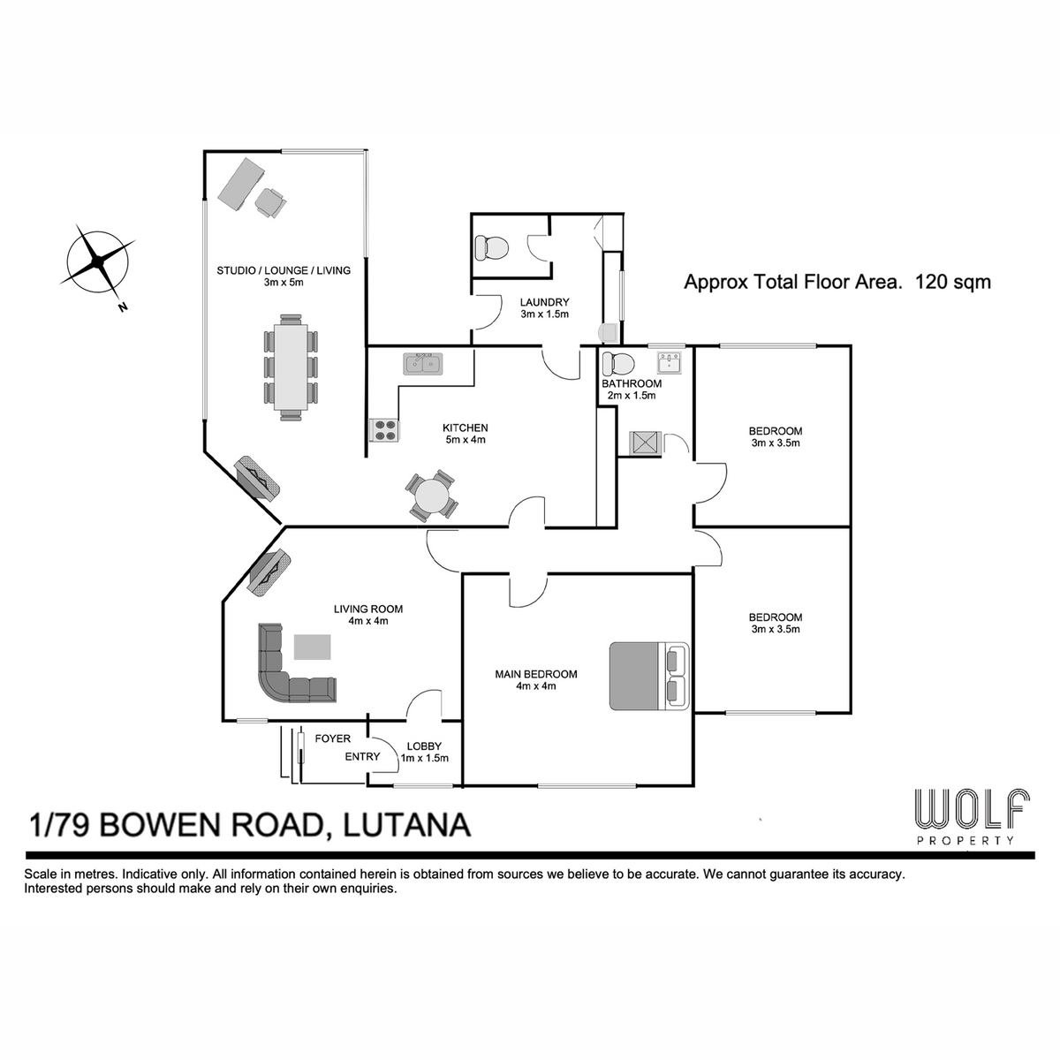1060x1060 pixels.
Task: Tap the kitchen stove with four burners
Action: [x=386, y=430]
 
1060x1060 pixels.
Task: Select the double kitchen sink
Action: [x=423, y=364]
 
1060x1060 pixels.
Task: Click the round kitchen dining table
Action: [x=432, y=495]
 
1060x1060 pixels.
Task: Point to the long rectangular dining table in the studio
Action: [x=291, y=367]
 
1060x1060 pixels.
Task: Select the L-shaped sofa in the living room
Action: [x=291, y=669]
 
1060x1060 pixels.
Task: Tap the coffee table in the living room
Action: [x=313, y=647]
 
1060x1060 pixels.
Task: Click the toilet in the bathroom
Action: [x=617, y=364]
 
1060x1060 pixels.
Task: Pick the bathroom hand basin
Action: [x=670, y=363]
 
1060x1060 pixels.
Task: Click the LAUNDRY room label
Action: [x=544, y=302]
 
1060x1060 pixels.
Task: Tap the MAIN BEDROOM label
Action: [x=536, y=674]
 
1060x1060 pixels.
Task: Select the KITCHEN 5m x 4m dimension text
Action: [x=465, y=440]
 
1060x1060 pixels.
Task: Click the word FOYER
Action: [x=332, y=738]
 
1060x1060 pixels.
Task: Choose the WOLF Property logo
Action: [x=972, y=816]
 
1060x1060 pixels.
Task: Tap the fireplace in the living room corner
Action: [x=269, y=574]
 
